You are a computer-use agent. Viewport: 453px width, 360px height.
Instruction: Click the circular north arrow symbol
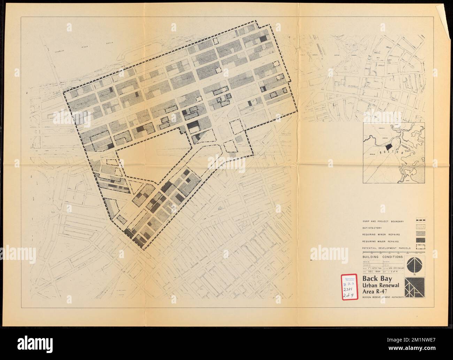tap(415, 265)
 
